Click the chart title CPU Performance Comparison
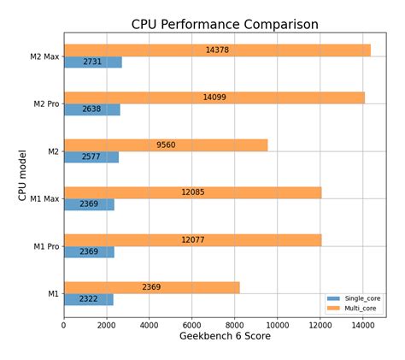[225, 24]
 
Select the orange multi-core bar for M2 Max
[217, 50]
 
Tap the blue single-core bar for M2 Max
[92, 62]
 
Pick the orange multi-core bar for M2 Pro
[214, 97]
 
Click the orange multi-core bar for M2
[166, 145]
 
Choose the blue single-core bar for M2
[91, 157]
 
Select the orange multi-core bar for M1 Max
[192, 192]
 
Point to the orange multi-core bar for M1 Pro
[192, 240]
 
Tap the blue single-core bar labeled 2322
[88, 299]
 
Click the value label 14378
[217, 50]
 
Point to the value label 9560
[166, 145]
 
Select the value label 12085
[193, 192]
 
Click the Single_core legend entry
[360, 298]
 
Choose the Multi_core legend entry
[359, 308]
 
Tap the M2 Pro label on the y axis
[46, 104]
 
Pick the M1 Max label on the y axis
[46, 199]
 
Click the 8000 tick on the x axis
[234, 325]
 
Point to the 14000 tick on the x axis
[362, 325]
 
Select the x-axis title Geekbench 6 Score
[225, 337]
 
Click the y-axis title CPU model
[23, 175]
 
